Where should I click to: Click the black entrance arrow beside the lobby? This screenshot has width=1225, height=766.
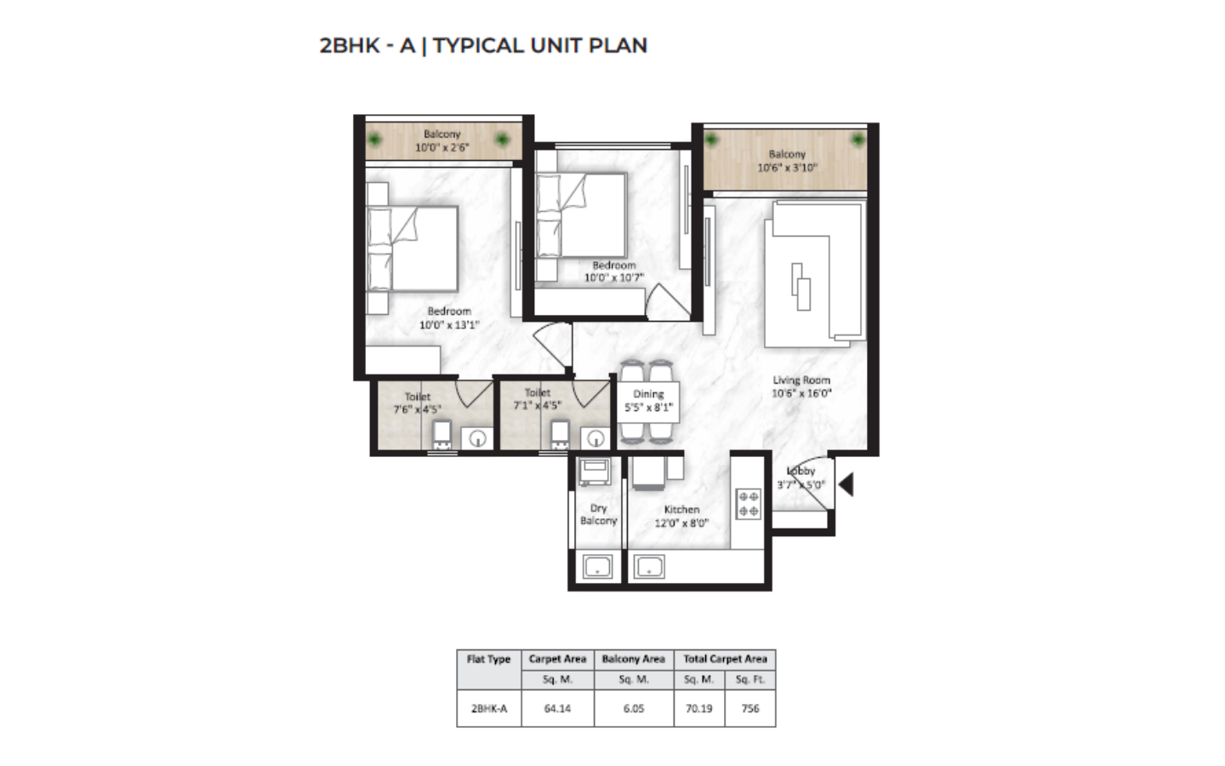click(x=847, y=484)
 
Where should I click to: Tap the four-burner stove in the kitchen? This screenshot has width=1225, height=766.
click(x=748, y=504)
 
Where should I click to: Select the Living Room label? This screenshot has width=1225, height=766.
click(x=801, y=380)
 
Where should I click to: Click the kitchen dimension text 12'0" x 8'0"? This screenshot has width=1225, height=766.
click(x=681, y=523)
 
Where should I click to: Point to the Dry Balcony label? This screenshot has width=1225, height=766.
click(x=598, y=514)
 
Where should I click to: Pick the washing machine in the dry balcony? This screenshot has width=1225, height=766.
click(x=595, y=472)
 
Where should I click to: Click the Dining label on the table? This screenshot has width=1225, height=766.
click(x=648, y=394)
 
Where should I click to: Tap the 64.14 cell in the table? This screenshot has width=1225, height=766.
click(x=557, y=708)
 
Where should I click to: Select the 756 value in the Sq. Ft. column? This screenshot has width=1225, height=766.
click(x=750, y=708)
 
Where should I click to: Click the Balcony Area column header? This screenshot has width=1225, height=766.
click(x=633, y=659)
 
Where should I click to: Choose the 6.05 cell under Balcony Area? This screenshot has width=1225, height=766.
click(x=634, y=708)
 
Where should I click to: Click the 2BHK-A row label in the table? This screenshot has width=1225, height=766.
click(x=489, y=708)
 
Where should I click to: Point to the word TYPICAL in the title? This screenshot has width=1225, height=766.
click(x=478, y=45)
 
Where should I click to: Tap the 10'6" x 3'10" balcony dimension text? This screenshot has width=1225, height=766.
click(x=787, y=168)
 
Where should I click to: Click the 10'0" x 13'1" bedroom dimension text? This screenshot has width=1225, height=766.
click(x=449, y=325)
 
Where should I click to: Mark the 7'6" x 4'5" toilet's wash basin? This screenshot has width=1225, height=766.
click(x=477, y=439)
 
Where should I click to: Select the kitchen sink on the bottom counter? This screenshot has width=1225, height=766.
click(x=649, y=567)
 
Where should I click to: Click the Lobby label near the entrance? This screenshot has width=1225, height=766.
click(x=801, y=472)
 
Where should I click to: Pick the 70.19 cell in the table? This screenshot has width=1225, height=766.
click(x=699, y=708)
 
